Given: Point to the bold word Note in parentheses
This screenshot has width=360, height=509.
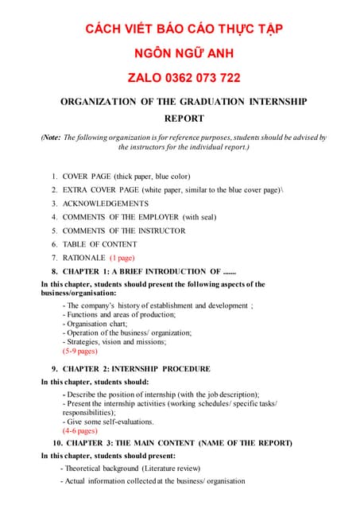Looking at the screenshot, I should point(50,138).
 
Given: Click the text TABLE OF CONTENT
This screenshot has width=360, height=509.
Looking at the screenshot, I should point(99,244).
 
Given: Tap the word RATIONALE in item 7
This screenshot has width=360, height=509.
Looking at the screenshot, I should point(83,258).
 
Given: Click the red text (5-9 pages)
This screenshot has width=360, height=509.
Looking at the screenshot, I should point(79,350).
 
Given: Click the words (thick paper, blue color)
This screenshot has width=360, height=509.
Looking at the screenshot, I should point(153,176).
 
